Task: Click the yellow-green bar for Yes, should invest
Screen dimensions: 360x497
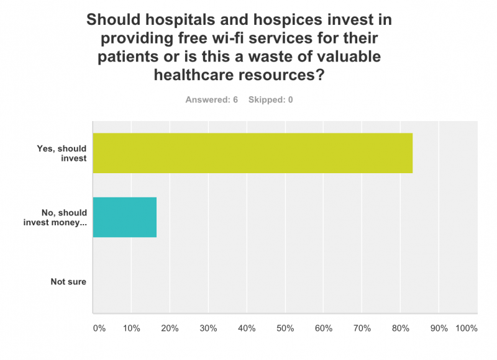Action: tap(252, 153)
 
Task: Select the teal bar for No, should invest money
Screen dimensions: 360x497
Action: tap(124, 217)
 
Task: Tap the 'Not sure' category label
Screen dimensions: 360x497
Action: tap(68, 282)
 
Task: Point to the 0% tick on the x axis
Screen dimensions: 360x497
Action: tap(99, 327)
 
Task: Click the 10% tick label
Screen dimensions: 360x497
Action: tap(131, 327)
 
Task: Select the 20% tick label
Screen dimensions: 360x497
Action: tap(170, 327)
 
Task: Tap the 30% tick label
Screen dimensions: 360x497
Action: tap(208, 327)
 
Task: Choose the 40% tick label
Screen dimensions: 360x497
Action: tap(247, 327)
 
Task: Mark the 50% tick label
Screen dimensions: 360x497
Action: tap(285, 327)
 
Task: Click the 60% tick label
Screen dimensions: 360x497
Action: tap(324, 327)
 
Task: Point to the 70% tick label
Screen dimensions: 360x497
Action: tap(362, 327)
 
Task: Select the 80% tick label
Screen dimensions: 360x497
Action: tap(401, 327)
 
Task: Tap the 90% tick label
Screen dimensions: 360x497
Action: tap(439, 327)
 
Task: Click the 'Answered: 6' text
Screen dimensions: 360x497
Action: tap(212, 100)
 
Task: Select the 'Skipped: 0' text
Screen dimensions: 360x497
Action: tap(271, 100)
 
